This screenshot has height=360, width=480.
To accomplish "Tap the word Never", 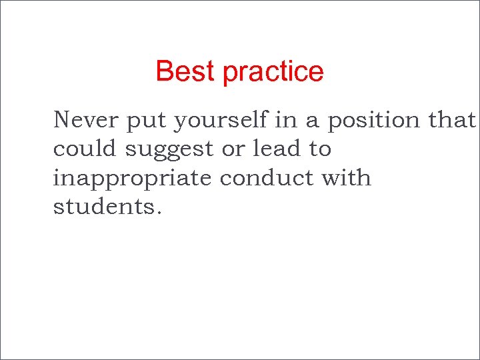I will click(85, 120).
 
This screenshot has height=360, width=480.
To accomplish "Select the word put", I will click(146, 121).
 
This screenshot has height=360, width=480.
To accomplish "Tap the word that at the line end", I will click(453, 120).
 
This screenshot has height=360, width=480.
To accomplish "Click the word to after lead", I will click(319, 149).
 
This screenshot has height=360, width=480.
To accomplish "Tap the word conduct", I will click(268, 178).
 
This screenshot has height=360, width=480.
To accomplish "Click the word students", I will click(103, 207).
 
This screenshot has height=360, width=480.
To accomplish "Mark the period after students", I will click(158, 213).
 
